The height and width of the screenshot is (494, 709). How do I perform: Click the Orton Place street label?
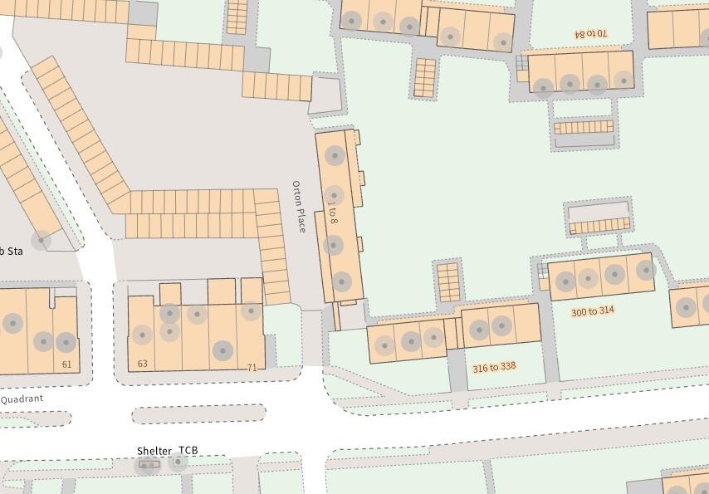299,206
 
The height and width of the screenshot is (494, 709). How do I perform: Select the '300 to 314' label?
593,311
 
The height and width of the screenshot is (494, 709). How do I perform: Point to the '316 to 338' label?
494,367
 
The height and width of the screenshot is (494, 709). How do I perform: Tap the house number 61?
67,364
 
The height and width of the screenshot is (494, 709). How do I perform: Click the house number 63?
142,364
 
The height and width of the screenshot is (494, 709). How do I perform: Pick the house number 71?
252,367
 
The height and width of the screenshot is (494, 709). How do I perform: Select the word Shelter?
154,451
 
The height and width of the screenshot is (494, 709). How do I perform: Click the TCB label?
188,451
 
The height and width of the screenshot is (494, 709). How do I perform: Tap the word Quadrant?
22,399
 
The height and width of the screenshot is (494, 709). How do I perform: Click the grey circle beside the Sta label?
40,240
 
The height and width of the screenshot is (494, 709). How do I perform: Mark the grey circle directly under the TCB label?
178,462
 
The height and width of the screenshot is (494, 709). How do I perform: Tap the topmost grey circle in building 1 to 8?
335,154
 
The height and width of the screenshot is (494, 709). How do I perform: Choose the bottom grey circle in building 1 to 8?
341,281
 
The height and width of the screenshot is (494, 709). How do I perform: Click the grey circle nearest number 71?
222,350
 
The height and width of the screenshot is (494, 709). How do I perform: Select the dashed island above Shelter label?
199,413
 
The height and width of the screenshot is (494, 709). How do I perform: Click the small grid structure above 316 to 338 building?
447,281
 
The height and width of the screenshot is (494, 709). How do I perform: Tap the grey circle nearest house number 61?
66,341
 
